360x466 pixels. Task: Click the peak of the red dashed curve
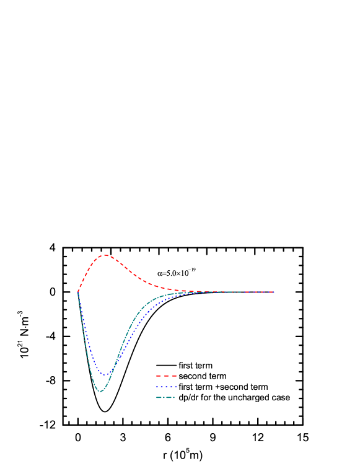105,255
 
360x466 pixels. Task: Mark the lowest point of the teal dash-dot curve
100,392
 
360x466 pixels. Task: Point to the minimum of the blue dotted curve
107,375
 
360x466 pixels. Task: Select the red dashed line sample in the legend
166,376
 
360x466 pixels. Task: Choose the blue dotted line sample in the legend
166,387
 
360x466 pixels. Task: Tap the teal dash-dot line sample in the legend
165,397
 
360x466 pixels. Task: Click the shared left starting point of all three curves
78,291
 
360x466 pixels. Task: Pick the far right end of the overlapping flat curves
273,292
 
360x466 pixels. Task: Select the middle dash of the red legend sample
166,376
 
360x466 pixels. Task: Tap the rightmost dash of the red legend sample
174,376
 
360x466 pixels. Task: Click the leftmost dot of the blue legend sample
157,387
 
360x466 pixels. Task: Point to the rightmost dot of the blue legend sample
175,387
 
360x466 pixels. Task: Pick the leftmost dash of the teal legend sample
159,397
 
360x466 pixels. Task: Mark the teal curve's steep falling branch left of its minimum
87,353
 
